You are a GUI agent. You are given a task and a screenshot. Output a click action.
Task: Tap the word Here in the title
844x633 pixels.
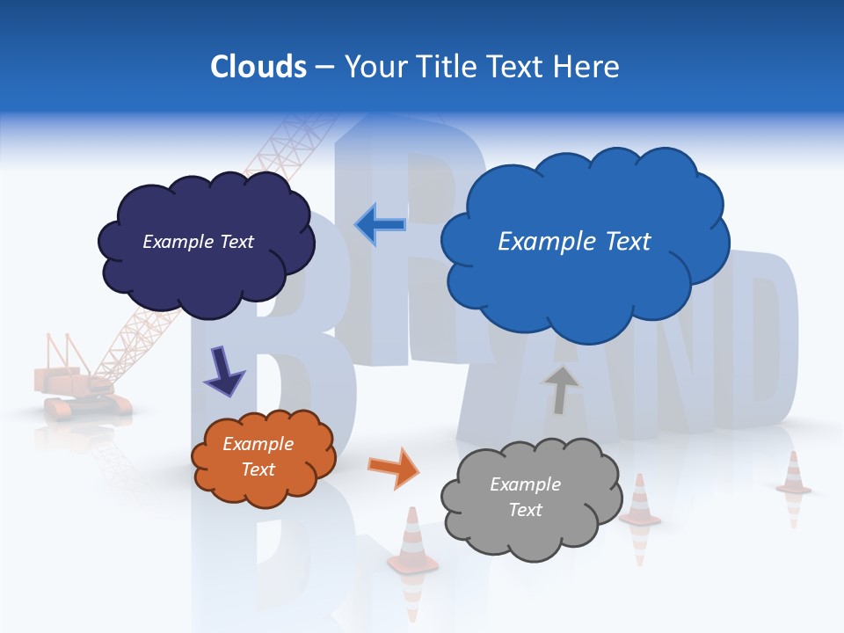[x=588, y=67]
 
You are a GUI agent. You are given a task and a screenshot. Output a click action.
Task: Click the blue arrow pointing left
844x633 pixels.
[x=381, y=224]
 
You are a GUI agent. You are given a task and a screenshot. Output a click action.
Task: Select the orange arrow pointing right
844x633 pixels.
[x=395, y=468]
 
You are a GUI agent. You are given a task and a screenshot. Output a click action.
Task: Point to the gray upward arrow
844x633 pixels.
[x=560, y=388]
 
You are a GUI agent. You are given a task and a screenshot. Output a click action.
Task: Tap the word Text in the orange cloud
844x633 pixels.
[x=258, y=469]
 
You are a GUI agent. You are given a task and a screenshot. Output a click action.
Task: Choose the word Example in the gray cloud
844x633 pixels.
[x=525, y=484]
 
